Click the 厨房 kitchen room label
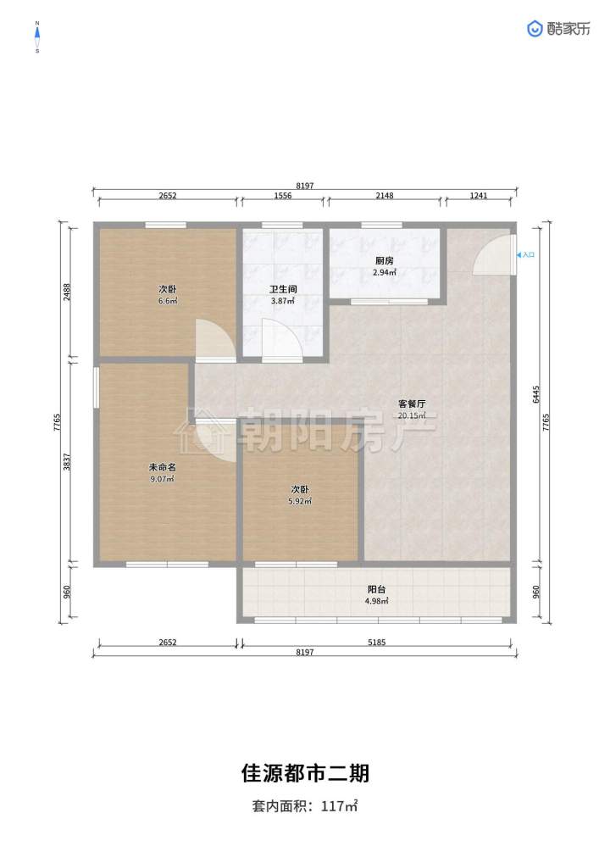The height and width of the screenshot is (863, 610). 384,261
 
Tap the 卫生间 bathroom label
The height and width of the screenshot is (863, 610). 283,289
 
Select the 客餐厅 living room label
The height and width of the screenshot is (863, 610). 412,404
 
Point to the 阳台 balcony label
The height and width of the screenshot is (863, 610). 376,589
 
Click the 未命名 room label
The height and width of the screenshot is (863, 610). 163,467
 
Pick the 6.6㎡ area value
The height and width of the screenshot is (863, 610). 167,301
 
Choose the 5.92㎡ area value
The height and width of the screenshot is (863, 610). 300,501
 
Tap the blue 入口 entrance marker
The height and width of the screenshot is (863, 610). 526,255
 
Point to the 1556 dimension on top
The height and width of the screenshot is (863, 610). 283,195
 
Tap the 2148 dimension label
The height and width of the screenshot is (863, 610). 385,195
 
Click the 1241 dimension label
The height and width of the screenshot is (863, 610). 479,195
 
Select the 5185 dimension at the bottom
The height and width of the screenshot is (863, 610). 376,643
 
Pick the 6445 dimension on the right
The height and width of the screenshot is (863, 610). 536,394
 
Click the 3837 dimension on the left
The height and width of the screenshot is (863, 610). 67,461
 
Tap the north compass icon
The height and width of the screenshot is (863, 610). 37,36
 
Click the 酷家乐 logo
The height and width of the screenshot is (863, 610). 559,29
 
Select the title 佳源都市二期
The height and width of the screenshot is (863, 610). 305,773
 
